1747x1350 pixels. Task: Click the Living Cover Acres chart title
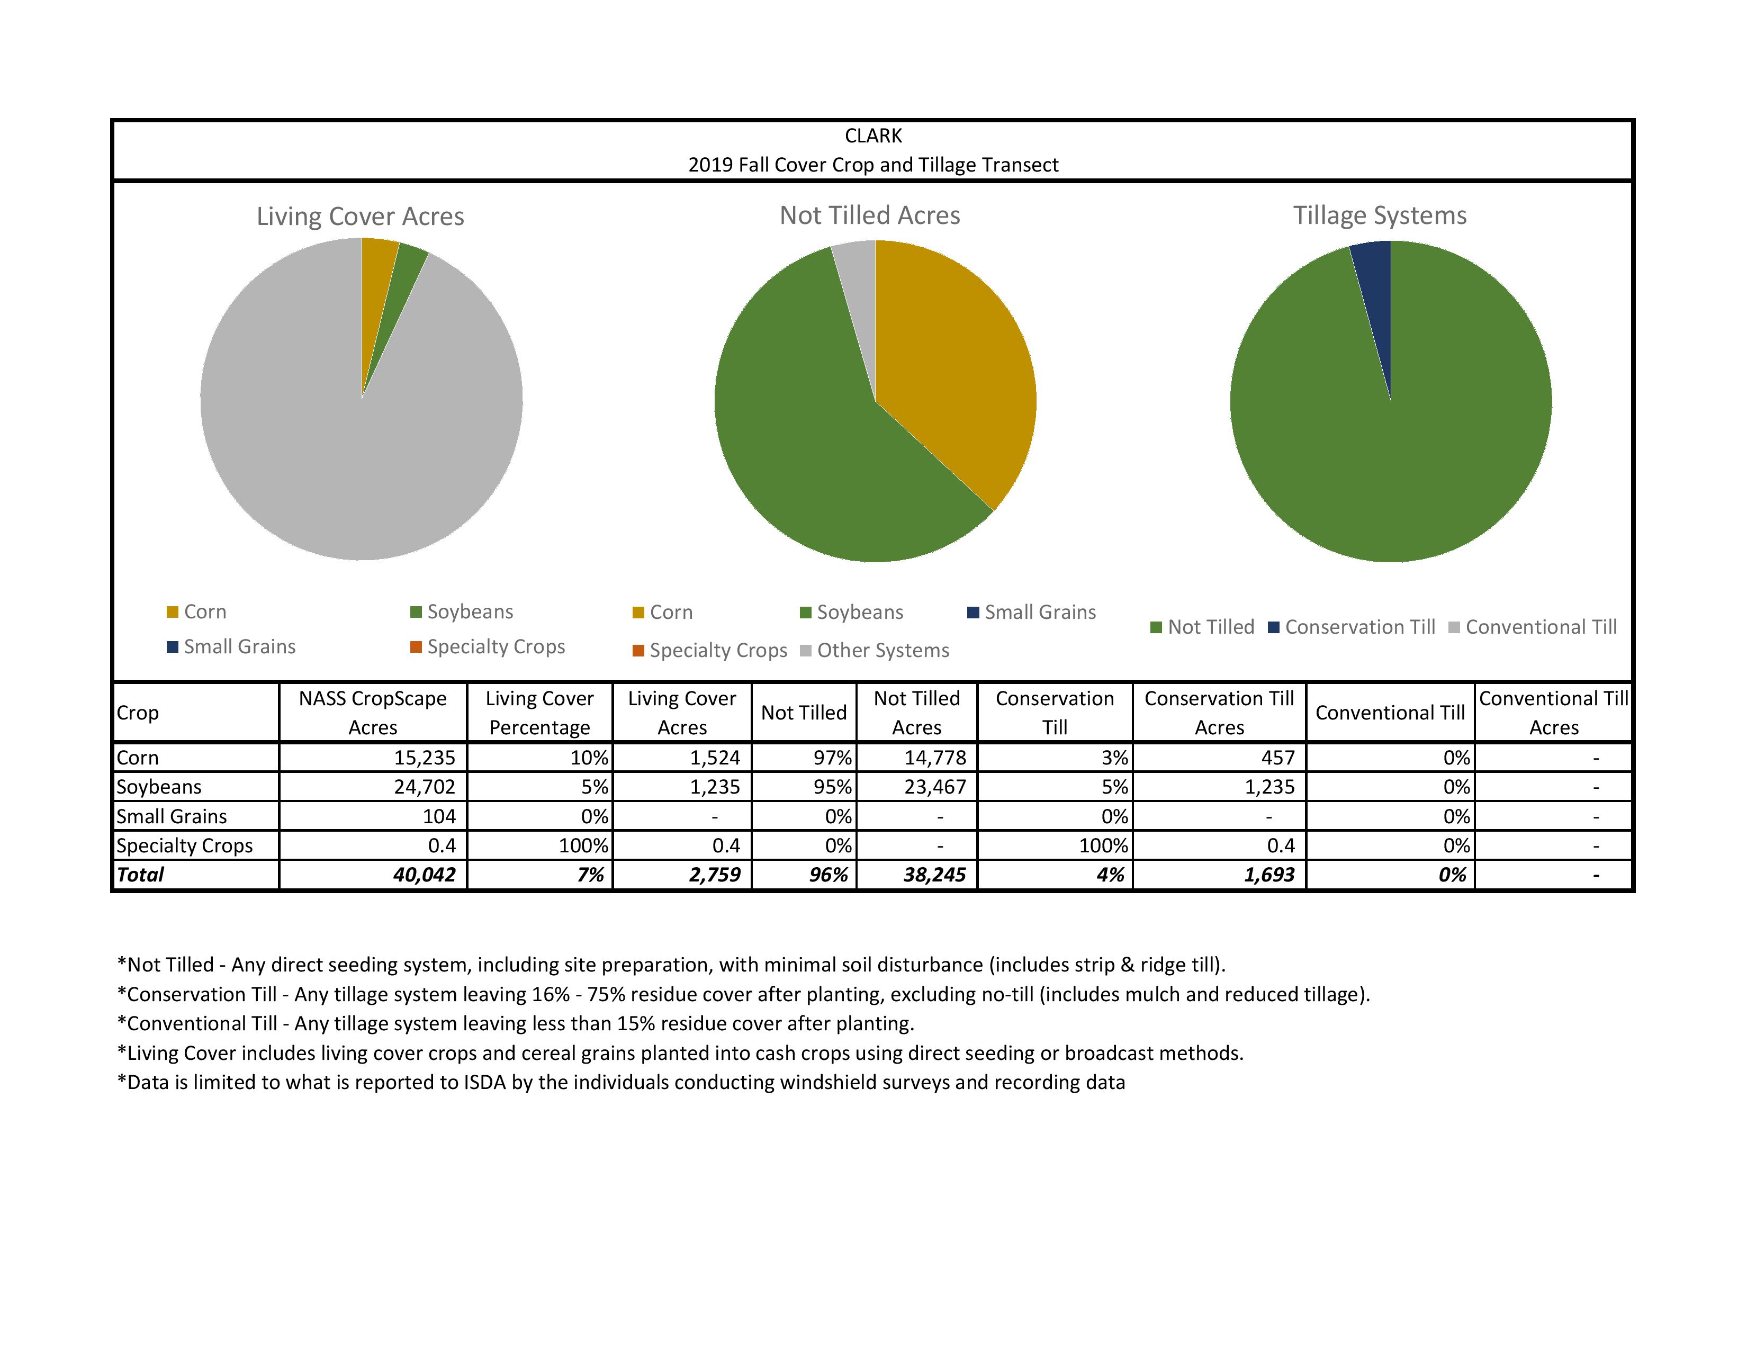(x=360, y=217)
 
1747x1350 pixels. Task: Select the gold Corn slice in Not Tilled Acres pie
(x=952, y=360)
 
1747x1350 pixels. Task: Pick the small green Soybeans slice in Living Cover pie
(x=408, y=272)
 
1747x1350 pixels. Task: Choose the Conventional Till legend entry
(x=1533, y=627)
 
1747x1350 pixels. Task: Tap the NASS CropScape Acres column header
(x=373, y=713)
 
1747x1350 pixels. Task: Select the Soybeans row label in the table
(x=159, y=787)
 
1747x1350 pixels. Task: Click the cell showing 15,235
(x=424, y=758)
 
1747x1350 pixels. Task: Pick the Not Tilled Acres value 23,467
(x=934, y=787)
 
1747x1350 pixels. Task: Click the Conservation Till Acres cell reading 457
(x=1277, y=758)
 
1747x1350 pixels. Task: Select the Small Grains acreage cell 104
(x=439, y=816)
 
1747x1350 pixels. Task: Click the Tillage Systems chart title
(x=1380, y=216)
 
